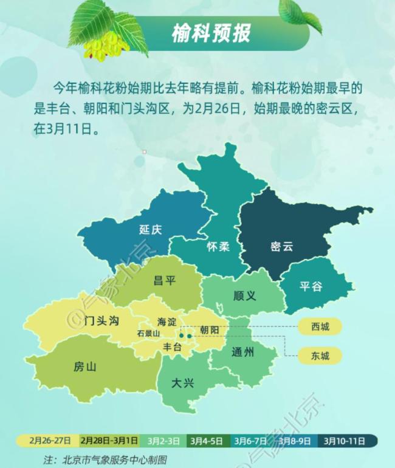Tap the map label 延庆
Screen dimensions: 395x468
(x=151, y=230)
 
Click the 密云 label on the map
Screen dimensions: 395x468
(x=281, y=247)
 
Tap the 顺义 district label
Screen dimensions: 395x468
(x=244, y=296)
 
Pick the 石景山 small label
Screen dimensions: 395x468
(x=148, y=333)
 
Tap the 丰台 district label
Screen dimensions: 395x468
(x=173, y=346)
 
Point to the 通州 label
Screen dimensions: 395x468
(x=242, y=352)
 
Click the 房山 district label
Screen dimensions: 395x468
(x=84, y=366)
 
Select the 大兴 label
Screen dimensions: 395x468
(x=182, y=383)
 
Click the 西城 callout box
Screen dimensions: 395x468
(x=320, y=327)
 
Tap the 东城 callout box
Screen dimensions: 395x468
(x=320, y=356)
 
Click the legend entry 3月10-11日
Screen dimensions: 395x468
(x=345, y=440)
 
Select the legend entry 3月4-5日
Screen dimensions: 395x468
(x=205, y=440)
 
